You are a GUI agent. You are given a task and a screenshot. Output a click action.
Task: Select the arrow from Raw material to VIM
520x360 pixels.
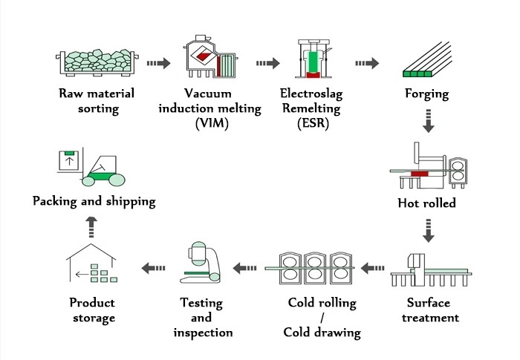pyautogui.click(x=157, y=64)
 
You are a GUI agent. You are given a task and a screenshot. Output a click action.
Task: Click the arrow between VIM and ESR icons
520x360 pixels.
pyautogui.click(x=266, y=64)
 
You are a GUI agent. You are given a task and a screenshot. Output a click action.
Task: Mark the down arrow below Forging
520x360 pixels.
pyautogui.click(x=428, y=120)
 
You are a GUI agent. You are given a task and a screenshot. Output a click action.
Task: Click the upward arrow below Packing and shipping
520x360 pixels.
pyautogui.click(x=91, y=223)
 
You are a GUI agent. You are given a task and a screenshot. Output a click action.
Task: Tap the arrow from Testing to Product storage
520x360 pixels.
pyautogui.click(x=155, y=266)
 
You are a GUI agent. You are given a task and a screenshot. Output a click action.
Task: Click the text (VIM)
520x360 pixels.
pyautogui.click(x=212, y=122)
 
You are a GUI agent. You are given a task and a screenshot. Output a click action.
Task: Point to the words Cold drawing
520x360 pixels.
pyautogui.click(x=322, y=332)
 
